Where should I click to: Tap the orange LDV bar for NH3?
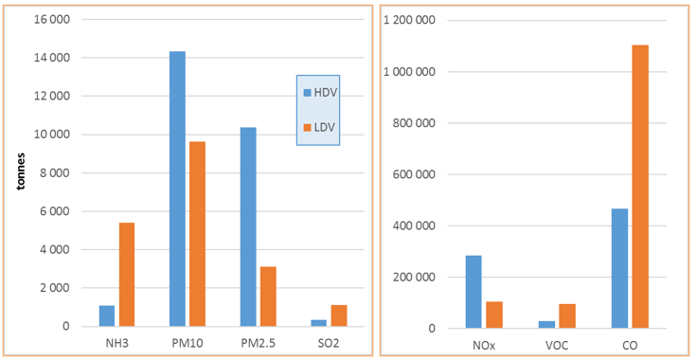(126, 275)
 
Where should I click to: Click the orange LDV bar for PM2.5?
(268, 297)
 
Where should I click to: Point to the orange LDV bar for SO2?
(339, 315)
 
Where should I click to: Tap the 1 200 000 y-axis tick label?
(410, 20)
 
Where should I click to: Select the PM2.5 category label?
(259, 342)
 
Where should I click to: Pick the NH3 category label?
(116, 342)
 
